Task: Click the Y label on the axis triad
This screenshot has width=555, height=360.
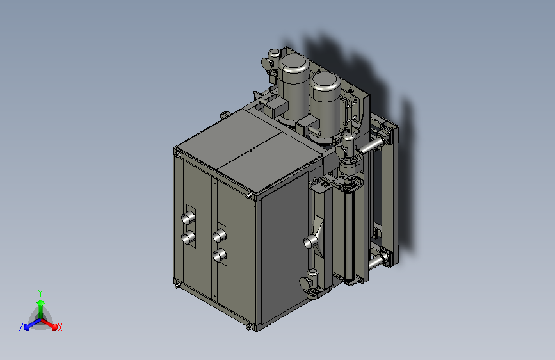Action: (40, 293)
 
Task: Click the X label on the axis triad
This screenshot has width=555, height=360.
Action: (60, 327)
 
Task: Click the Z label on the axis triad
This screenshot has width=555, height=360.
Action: (21, 327)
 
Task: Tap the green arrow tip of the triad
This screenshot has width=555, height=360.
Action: (41, 302)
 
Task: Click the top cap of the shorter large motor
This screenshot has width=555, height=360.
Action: (325, 82)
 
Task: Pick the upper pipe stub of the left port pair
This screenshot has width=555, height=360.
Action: (188, 217)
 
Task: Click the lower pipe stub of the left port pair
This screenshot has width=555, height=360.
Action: (188, 237)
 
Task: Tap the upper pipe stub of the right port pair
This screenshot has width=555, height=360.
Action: (220, 235)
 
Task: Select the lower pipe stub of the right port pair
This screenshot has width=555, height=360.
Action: (220, 255)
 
